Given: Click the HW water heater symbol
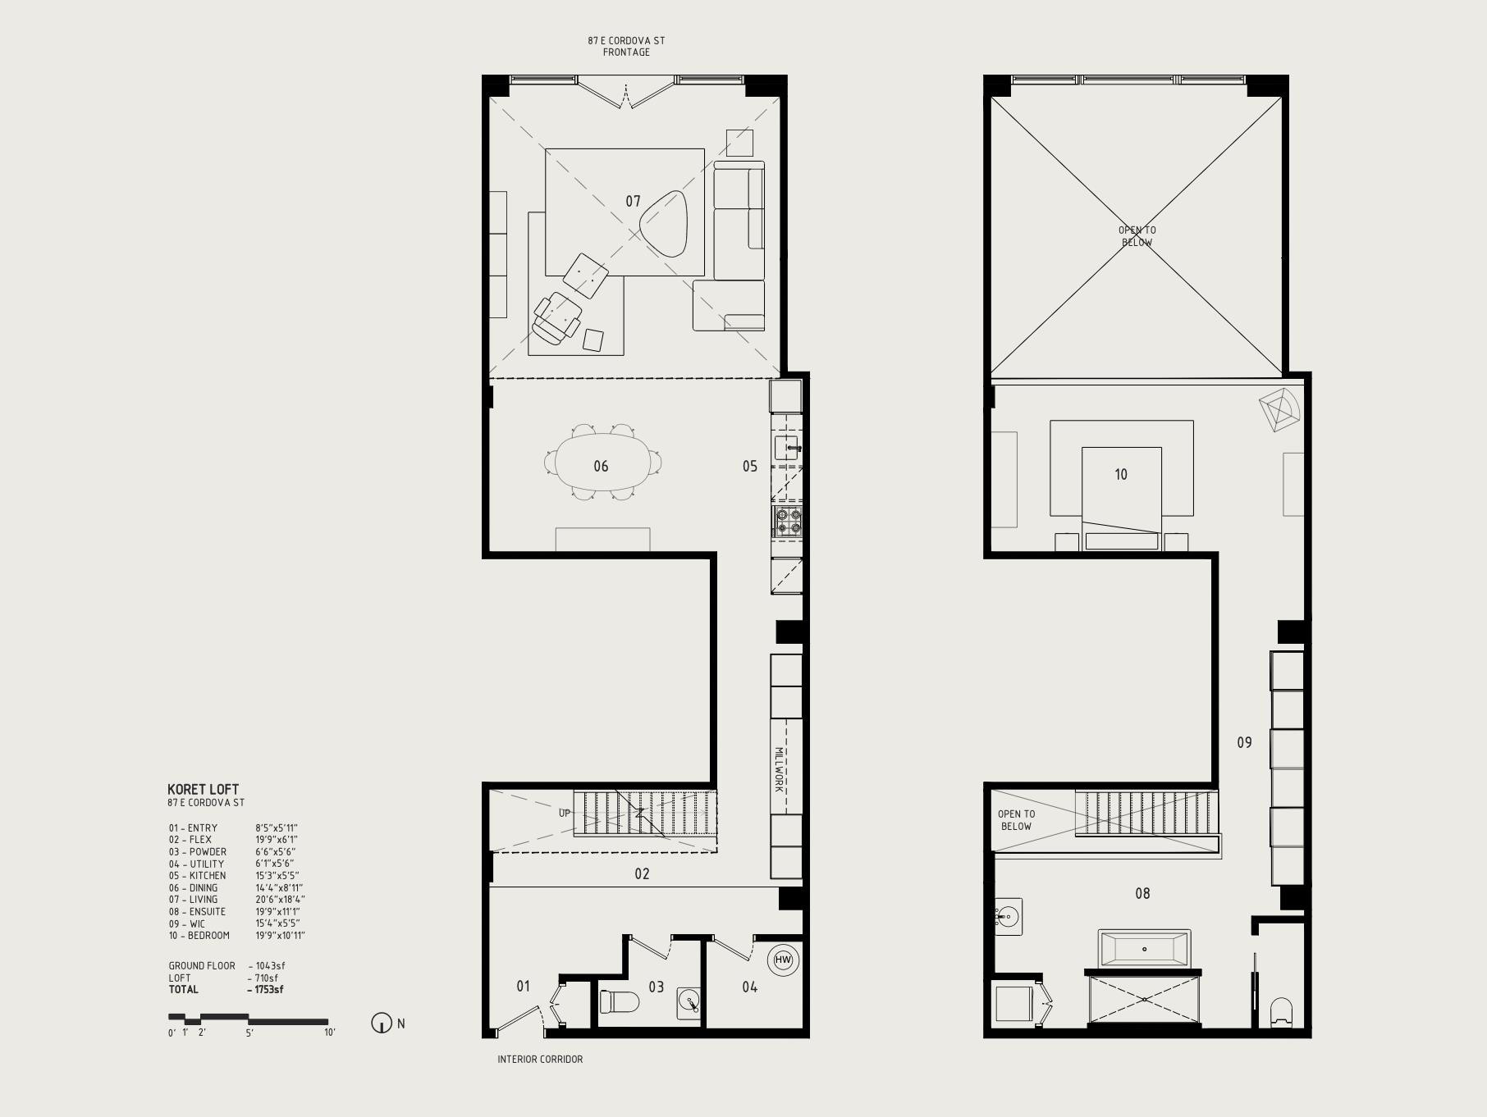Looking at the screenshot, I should (x=783, y=960).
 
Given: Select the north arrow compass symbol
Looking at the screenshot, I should (x=382, y=1024).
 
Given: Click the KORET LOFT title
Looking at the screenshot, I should (x=203, y=789).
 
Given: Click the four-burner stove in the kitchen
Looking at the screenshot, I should (x=787, y=522).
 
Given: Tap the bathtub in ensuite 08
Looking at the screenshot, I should (x=1144, y=950).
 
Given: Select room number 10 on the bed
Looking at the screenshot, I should (x=1121, y=474).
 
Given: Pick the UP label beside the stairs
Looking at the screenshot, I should (x=565, y=814).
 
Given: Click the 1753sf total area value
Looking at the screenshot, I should (x=266, y=990).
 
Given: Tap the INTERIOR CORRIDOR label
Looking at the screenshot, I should (x=540, y=1060).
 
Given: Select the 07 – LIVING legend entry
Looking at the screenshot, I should (x=194, y=900).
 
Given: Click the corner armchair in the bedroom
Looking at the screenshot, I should (x=1279, y=409).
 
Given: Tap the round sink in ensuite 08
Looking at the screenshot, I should (x=1009, y=916).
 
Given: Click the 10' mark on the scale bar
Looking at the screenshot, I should (x=329, y=1033).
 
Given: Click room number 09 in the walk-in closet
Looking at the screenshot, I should (x=1244, y=742).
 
